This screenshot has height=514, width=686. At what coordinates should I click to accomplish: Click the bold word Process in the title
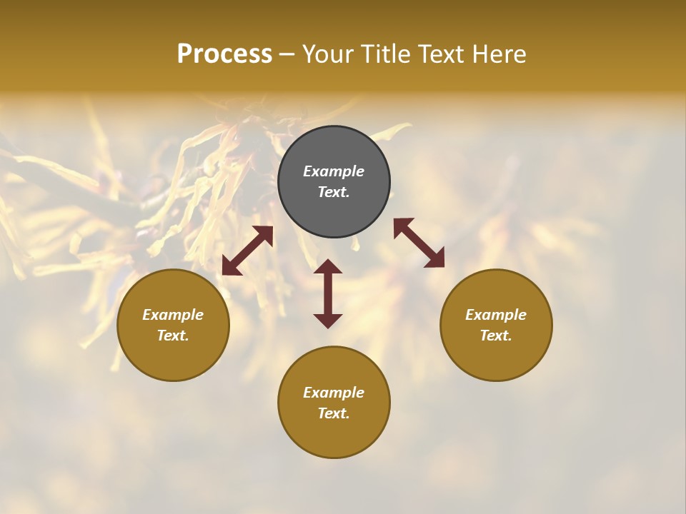pos(224,54)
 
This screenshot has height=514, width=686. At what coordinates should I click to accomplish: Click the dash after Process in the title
pos(287,55)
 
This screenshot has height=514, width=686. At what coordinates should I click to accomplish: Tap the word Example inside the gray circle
pos(334,171)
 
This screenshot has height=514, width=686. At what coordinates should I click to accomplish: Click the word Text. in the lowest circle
pos(334,413)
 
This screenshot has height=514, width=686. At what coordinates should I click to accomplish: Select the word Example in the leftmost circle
pos(173,315)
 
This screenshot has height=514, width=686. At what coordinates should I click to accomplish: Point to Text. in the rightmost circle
pos(496,336)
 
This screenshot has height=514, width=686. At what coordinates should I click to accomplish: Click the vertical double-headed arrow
pos(328,293)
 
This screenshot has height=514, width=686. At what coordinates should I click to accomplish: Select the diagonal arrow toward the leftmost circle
pos(247,251)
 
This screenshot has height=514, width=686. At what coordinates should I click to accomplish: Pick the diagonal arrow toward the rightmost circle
pos(419,243)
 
